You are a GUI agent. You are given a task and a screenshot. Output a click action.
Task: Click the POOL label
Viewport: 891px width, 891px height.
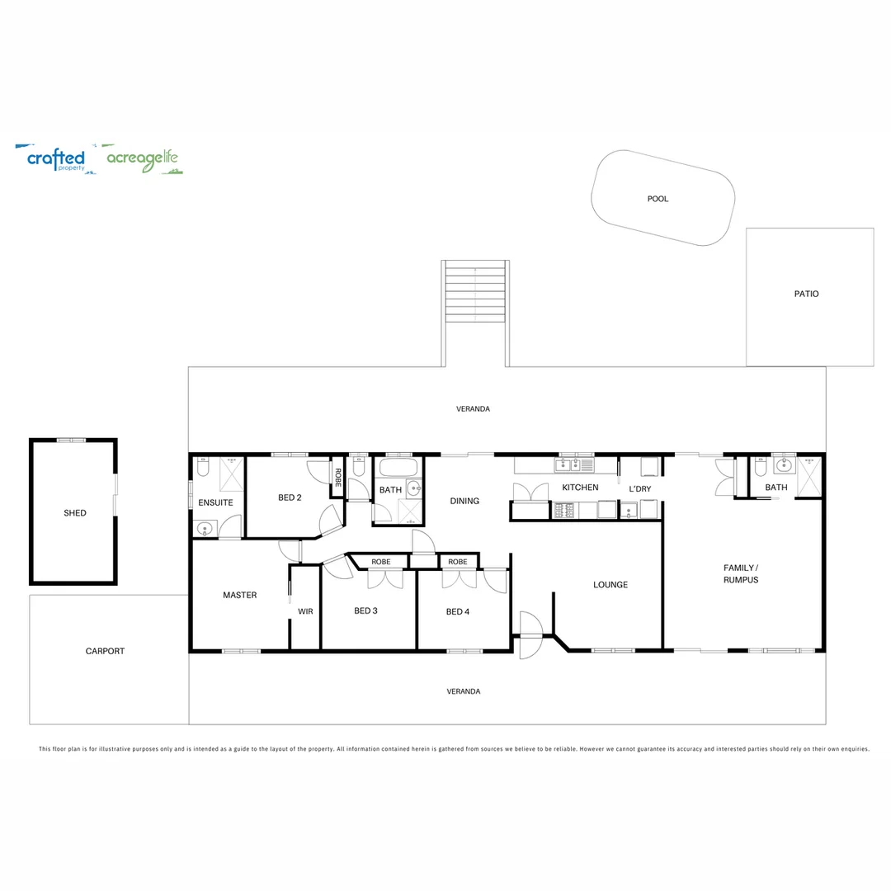[658, 199]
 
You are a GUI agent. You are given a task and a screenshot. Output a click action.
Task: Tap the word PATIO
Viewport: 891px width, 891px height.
[806, 294]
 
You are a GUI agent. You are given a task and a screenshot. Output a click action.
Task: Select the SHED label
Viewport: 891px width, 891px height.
[74, 513]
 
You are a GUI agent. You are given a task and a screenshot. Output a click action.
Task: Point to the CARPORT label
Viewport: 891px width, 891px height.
[105, 651]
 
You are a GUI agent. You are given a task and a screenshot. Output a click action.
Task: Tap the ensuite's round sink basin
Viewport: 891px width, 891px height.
[204, 527]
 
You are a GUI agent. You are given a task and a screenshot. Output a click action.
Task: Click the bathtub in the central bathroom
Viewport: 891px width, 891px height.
[398, 469]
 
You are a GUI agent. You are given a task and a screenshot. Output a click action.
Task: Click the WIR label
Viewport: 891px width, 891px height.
[305, 611]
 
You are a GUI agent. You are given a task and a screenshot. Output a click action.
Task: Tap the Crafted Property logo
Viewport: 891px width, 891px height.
[55, 158]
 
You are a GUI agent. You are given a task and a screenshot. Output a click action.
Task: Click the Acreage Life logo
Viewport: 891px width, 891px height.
[143, 159]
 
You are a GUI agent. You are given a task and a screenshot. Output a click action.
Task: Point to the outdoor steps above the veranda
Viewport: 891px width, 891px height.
[475, 293]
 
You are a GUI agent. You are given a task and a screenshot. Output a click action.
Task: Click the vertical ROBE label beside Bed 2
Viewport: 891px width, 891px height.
[337, 477]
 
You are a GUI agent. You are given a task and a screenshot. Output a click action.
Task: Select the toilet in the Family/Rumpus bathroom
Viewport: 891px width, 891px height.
[760, 468]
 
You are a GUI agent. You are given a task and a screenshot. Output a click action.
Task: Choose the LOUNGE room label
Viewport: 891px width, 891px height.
[610, 585]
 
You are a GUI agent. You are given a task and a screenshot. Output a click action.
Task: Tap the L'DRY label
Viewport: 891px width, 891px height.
[639, 489]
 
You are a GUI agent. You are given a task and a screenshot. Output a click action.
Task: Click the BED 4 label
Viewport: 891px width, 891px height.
[457, 611]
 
